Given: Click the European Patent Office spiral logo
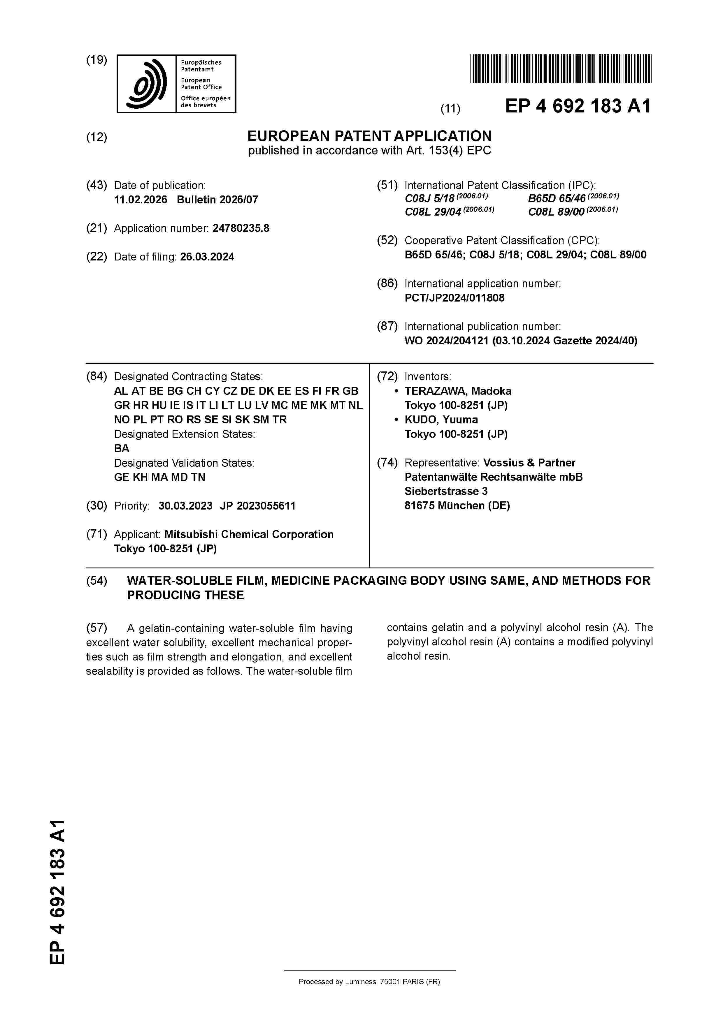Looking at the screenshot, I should (147, 84).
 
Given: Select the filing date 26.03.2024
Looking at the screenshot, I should (207, 257).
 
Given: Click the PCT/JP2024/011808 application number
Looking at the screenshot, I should (454, 298).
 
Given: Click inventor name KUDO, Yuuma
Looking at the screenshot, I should (441, 420).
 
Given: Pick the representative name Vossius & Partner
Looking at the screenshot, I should (529, 463).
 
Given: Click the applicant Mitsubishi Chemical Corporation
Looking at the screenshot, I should (249, 535).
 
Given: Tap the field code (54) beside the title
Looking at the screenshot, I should (97, 581).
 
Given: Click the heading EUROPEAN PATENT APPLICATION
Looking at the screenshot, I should (369, 136).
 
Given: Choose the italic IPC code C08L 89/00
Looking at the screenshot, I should (556, 212).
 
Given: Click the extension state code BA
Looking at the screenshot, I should (122, 449).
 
